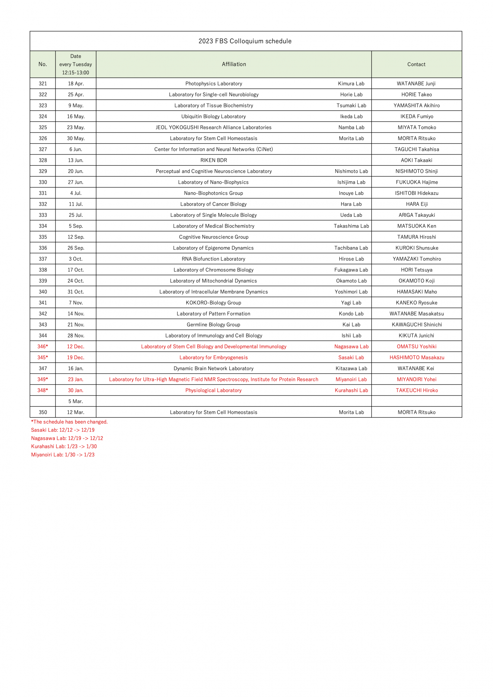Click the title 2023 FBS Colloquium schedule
point(245,41)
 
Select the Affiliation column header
point(234,64)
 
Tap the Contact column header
point(416,64)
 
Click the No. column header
point(43,64)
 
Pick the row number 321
point(43,84)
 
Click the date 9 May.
point(76,106)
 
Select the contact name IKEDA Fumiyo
point(417,116)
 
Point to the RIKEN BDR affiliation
point(214,160)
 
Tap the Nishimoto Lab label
point(351,171)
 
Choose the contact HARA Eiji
point(417,204)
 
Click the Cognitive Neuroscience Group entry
point(214,237)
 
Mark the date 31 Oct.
point(76,292)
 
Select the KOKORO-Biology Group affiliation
point(213,303)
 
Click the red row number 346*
point(43,346)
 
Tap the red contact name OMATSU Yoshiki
point(416,346)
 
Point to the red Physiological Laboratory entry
point(213,390)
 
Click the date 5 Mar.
point(76,401)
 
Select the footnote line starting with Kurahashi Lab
point(64,446)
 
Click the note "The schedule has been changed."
point(69,422)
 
